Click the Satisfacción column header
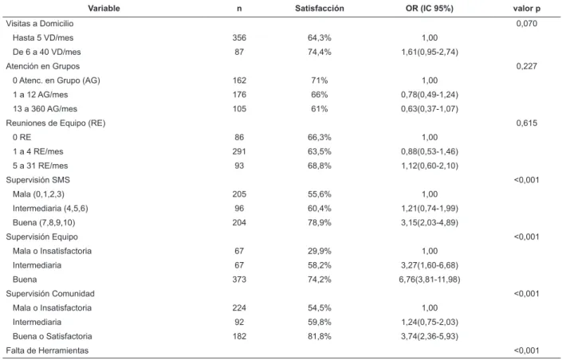[320, 8]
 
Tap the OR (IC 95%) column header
[430, 8]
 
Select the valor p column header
[526, 8]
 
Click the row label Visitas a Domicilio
[40, 24]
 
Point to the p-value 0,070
[526, 24]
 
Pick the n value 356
[239, 37]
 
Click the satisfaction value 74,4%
[320, 52]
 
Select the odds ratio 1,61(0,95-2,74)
[430, 52]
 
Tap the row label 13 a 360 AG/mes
[45, 109]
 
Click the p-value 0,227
[526, 66]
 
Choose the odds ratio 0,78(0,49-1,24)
[430, 95]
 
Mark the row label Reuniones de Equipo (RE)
[56, 123]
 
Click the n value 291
[239, 151]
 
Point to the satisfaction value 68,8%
[320, 166]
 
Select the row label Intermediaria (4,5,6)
[50, 209]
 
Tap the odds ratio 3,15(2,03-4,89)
[430, 222]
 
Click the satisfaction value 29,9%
[320, 251]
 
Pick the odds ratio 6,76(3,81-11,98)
[430, 280]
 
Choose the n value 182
[239, 336]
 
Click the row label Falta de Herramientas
[47, 350]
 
